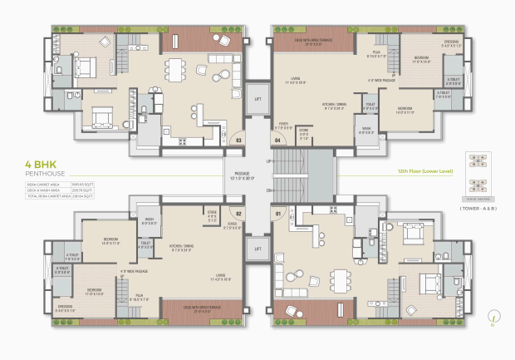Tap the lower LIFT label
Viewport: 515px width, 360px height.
257,249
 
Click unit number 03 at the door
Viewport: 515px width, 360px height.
238,141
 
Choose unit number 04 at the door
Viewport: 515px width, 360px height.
277,141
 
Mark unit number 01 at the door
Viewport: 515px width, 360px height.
277,213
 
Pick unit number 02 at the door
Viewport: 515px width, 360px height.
238,213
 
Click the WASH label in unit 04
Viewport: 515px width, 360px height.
366,130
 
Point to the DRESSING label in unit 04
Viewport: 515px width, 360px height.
449,44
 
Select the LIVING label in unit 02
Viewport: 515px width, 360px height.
219,275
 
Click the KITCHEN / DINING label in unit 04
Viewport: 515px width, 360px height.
335,104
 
